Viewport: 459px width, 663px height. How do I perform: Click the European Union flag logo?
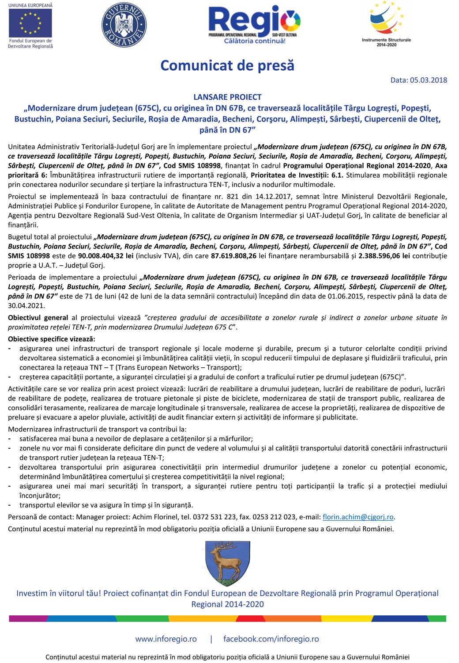pos(30,23)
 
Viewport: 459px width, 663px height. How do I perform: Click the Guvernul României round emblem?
pos(124,25)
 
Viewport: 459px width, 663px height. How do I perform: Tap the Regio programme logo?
pos(254,21)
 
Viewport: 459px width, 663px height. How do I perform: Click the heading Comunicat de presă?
pos(227,65)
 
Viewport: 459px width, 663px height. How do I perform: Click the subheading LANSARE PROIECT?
pos(227,97)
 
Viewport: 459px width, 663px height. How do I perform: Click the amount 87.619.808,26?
pos(233,256)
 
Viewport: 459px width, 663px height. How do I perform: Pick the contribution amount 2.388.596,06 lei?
pos(384,256)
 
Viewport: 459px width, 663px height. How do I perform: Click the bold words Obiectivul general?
pos(38,317)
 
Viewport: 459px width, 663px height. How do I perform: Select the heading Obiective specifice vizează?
pos(52,339)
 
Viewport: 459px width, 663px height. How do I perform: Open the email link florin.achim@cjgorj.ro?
pos(358,517)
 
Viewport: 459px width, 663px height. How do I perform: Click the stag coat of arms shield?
pos(228,563)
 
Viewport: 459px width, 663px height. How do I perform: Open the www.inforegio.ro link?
pos(166,639)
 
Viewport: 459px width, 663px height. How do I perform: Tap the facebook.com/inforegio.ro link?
pos(271,639)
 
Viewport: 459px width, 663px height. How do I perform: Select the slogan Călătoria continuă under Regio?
pos(255,41)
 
